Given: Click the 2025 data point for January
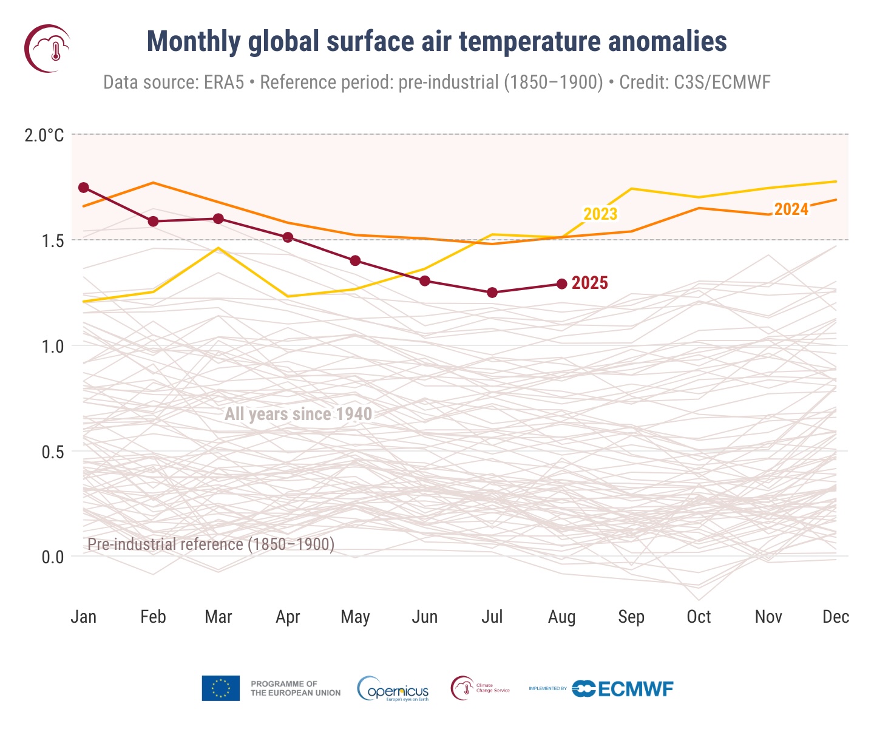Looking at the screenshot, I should coord(84,188).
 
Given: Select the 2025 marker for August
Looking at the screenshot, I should coord(561,284).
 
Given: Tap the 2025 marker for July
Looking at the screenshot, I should coord(492,293).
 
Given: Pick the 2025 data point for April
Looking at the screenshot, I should coord(288,237).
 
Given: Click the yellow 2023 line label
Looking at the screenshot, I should coord(600,214).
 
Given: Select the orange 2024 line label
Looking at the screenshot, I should coord(791,209).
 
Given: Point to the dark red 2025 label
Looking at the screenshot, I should coord(589,283).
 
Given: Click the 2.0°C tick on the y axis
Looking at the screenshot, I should coord(44,135).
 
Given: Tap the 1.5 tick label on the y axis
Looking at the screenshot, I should coord(53,241).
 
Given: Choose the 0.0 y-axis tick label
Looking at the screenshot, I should coord(53,557).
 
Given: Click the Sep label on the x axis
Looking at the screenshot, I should coord(631,617).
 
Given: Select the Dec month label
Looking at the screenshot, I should coord(835,617).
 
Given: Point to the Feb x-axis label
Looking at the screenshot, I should coord(153,617).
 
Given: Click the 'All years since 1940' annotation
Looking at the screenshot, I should coord(298,415).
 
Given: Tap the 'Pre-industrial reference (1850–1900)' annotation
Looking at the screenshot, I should coord(211,544).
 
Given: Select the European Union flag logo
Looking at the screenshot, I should coord(220,688).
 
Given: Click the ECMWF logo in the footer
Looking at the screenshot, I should coord(623,689).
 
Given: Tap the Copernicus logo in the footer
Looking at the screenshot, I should coord(393,689).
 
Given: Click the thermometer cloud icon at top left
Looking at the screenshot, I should coord(47,49).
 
